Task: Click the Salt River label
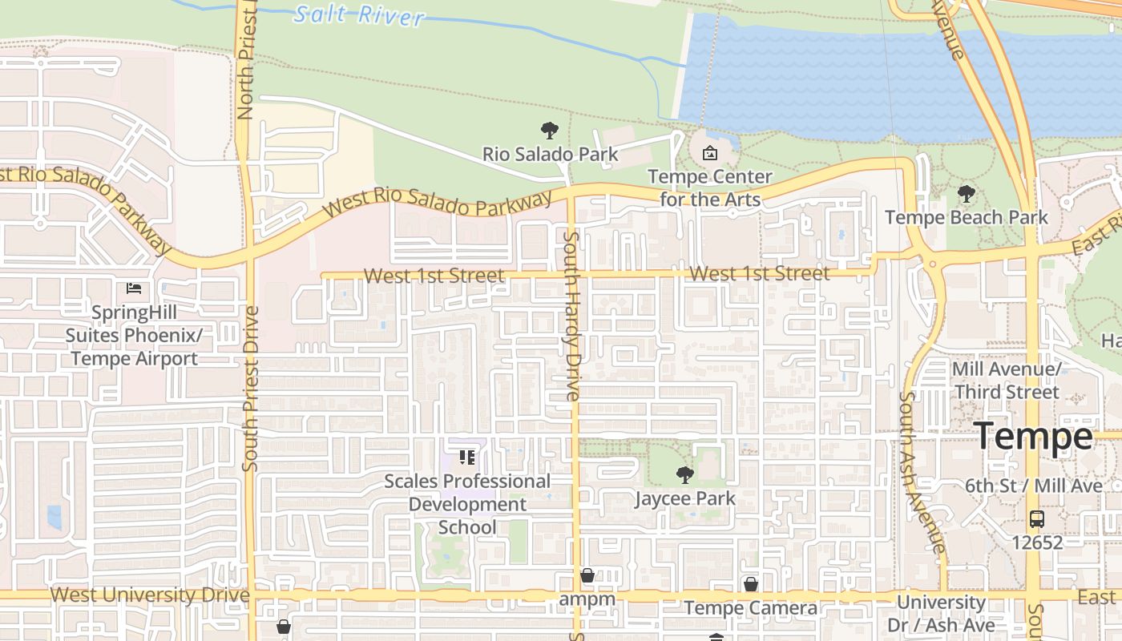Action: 358,14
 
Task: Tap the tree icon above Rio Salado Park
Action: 549,131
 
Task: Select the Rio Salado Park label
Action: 550,154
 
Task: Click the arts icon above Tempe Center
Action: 709,153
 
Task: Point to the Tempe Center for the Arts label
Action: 709,187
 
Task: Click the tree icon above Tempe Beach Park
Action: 966,194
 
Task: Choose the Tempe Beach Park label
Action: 966,217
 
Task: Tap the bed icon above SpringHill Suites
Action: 134,288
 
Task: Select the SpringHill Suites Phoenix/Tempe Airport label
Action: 134,335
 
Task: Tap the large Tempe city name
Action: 1033,437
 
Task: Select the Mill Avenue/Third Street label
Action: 1007,381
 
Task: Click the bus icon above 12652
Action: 1036,518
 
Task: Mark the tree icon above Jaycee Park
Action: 684,475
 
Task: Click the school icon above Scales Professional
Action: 467,458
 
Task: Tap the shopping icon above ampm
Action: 587,575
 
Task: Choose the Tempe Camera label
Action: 751,608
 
